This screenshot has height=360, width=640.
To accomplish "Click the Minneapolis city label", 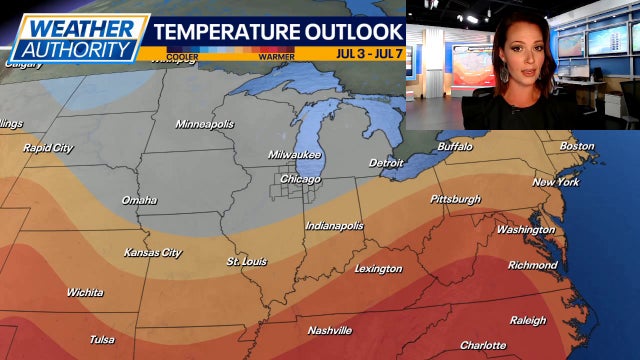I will tap(204, 124).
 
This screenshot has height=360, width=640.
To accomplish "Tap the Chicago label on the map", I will tap(300, 179).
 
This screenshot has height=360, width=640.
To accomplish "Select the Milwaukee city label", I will tap(295, 155).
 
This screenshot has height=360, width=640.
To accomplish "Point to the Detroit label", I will tap(386, 162).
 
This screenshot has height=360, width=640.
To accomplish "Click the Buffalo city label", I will tap(454, 147).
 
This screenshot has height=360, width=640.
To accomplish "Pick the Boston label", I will tap(576, 146).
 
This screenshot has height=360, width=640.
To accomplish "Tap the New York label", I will tap(554, 182).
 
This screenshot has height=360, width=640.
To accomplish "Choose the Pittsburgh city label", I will tap(455, 199).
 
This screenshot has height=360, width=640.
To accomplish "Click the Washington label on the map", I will tap(525, 229).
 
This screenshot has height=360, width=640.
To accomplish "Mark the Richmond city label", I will tap(532, 265).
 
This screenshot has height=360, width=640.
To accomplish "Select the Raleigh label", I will tap(528, 320).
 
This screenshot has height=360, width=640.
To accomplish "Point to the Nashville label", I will tap(329, 330).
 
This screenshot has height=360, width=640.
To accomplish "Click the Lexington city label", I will tap(378, 268).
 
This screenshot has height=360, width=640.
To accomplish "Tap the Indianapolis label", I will tap(334, 226).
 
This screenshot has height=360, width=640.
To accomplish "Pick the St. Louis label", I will tap(246, 262).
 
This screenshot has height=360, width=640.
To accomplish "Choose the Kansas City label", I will tap(152, 253).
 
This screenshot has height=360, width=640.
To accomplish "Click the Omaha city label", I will tap(139, 200).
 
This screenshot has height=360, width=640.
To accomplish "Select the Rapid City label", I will tap(48, 148).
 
